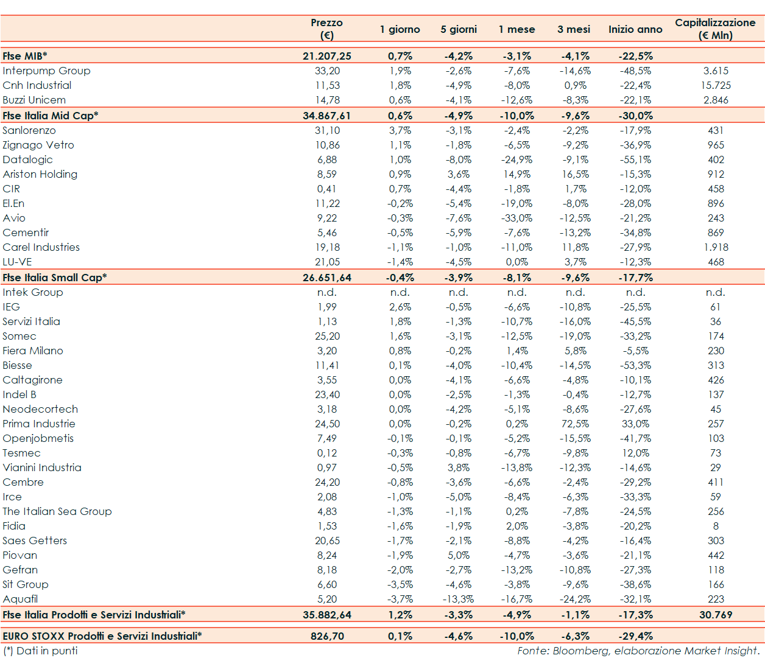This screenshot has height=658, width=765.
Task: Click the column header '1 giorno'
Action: (x=400, y=29)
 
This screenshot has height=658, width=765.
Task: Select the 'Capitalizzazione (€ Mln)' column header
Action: (x=715, y=29)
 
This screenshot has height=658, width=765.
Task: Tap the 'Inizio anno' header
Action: (x=635, y=29)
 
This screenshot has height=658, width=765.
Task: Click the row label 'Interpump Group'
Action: (x=46, y=71)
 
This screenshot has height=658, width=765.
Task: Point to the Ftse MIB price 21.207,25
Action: (x=327, y=56)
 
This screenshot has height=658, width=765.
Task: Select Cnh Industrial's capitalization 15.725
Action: (x=716, y=85)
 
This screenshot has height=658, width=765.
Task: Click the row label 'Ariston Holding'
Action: (x=40, y=174)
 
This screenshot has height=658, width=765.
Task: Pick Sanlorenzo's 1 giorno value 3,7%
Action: (x=400, y=130)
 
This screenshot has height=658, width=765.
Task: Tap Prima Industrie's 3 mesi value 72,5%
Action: (x=575, y=424)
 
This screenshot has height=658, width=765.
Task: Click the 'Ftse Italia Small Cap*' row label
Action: (x=55, y=278)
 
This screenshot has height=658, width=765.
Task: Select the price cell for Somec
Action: (x=327, y=336)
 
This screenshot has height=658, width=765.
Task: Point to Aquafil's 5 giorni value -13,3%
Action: (x=458, y=599)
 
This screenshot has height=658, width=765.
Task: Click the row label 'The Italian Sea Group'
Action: (x=57, y=511)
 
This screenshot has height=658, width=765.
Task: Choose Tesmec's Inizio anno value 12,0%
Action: (x=635, y=453)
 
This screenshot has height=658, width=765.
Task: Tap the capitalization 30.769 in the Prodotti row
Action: (x=716, y=615)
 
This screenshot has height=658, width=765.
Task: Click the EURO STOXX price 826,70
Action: (x=327, y=636)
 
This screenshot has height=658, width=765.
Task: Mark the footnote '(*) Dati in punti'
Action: (x=40, y=651)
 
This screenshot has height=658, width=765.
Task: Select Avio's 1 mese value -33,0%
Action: (x=516, y=218)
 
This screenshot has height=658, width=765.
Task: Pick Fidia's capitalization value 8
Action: (x=716, y=526)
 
